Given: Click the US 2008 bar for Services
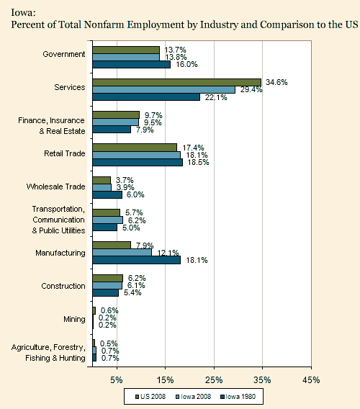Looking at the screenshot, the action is point(177,82).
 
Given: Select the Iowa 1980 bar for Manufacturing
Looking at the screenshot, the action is point(136,260).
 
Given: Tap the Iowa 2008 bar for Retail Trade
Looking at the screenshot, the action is point(136,156).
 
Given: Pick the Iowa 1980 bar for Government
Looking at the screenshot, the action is point(132,64).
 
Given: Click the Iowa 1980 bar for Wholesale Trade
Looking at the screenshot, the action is point(107,195).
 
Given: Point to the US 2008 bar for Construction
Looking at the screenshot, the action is point(108,279).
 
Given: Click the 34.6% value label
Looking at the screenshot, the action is point(276,82).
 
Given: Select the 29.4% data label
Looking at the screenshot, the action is point(251,90).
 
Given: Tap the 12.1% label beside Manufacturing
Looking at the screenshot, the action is point(168,253).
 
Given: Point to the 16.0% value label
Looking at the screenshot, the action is point(186,64).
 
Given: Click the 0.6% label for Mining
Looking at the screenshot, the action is point(109,310).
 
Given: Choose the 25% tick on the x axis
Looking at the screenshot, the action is point(214,380).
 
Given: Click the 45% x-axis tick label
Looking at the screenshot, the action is point(311,380).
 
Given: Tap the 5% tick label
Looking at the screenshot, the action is point(117,380).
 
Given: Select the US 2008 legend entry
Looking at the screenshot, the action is point(150,397).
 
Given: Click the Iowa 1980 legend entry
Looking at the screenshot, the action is point(238,397).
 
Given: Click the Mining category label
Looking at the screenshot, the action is point(74,319).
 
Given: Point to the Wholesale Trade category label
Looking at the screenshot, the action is point(56,186).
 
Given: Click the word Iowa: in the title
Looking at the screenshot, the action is point(23,12).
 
